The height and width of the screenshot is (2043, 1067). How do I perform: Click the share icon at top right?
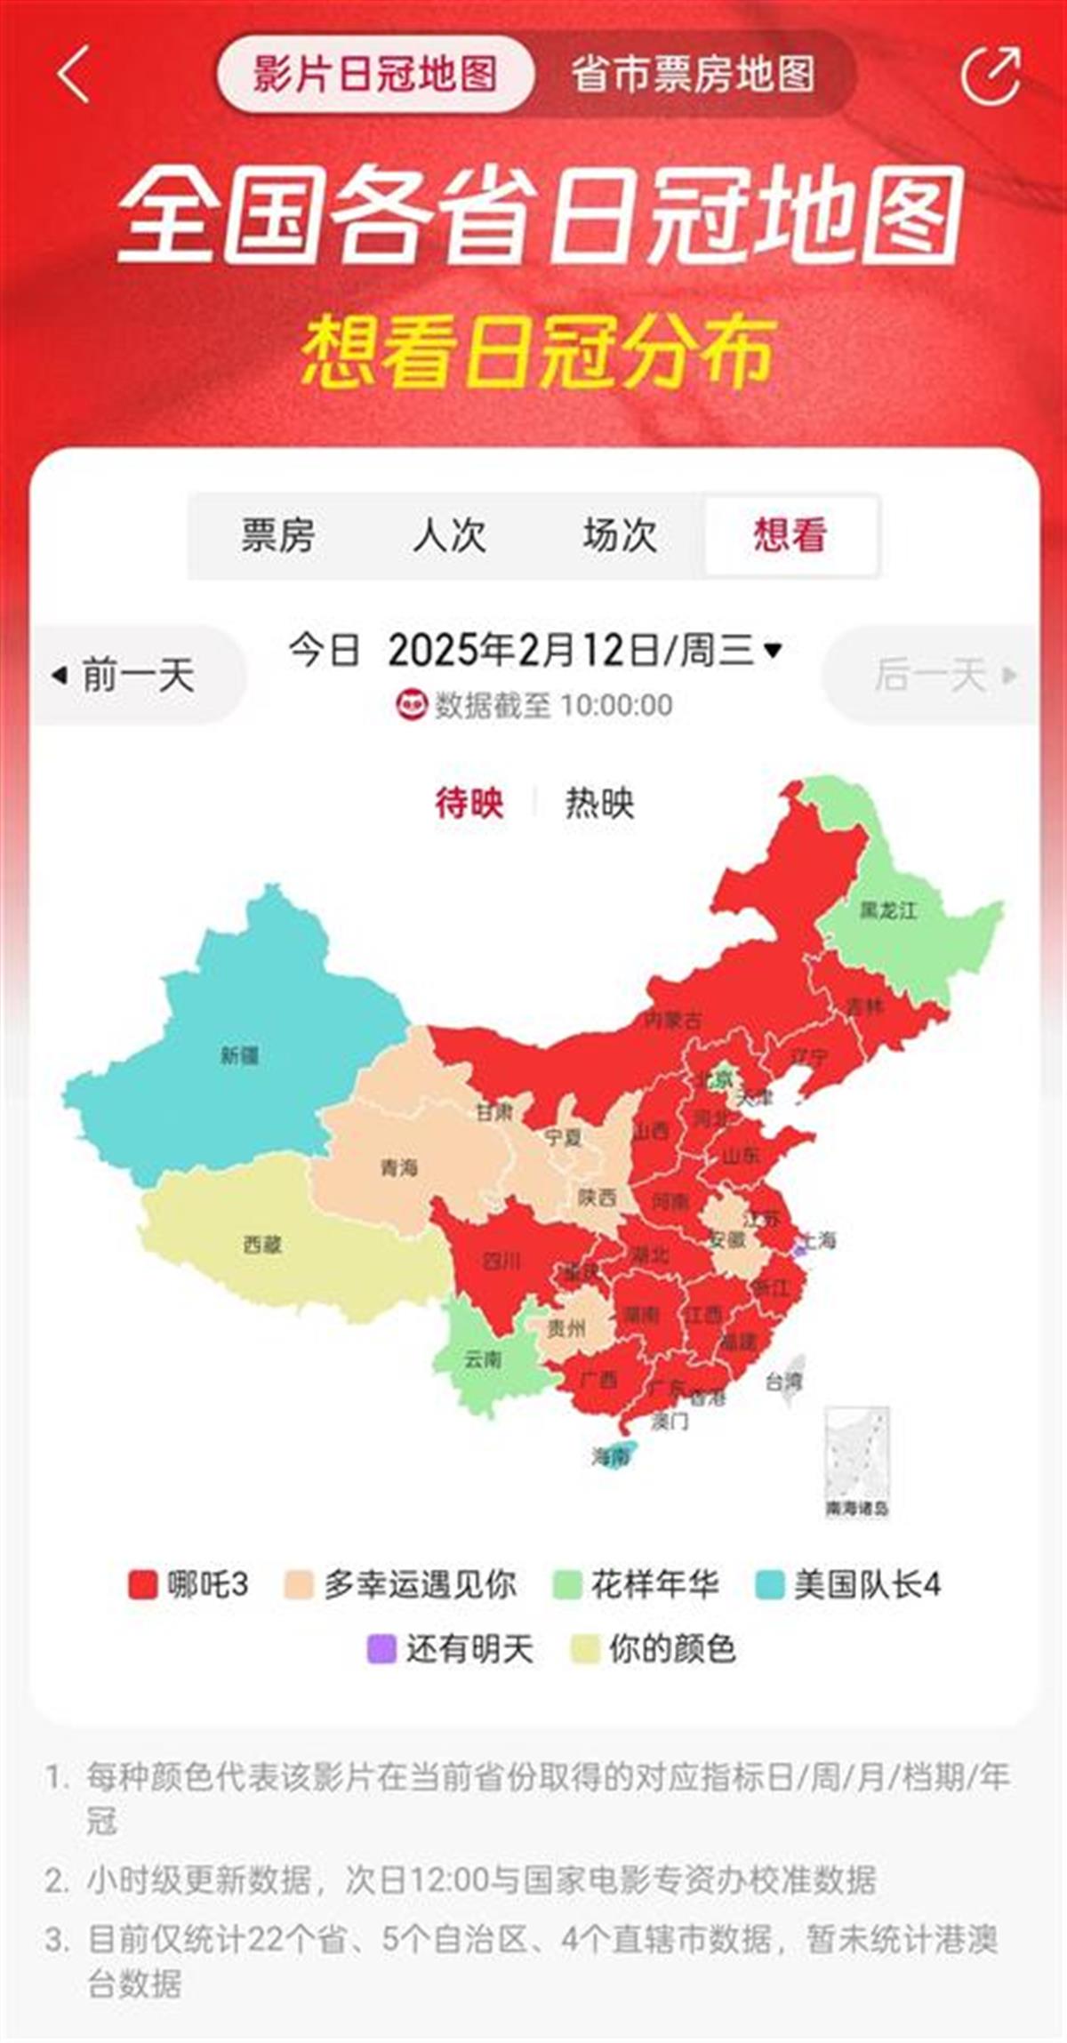(x=991, y=76)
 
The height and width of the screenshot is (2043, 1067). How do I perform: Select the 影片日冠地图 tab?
(x=374, y=75)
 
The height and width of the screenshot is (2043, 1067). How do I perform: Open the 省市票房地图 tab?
(x=693, y=75)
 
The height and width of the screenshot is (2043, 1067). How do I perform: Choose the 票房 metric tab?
(x=277, y=535)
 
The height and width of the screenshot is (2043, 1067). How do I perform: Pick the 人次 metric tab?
(x=449, y=535)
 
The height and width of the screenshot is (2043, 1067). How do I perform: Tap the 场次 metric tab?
(x=620, y=535)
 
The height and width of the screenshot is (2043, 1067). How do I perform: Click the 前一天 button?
(x=124, y=675)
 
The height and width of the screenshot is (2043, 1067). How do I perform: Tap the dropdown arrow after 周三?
(x=773, y=650)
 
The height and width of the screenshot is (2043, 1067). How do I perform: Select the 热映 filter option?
(x=599, y=804)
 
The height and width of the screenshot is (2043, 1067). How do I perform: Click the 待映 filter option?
(x=469, y=804)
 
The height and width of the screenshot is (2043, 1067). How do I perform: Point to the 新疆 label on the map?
(x=239, y=1055)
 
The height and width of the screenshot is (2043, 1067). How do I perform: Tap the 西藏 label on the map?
(x=262, y=1245)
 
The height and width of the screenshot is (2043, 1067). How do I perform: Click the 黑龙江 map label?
(x=887, y=910)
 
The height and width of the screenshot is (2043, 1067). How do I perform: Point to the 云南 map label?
(x=483, y=1359)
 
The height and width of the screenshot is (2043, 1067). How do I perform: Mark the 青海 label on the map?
(x=398, y=1167)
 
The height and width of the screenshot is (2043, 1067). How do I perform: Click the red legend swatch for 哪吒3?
(x=143, y=1584)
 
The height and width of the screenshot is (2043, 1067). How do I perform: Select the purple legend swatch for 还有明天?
(x=381, y=1649)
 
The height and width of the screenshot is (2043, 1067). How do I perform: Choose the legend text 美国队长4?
(x=867, y=1584)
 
